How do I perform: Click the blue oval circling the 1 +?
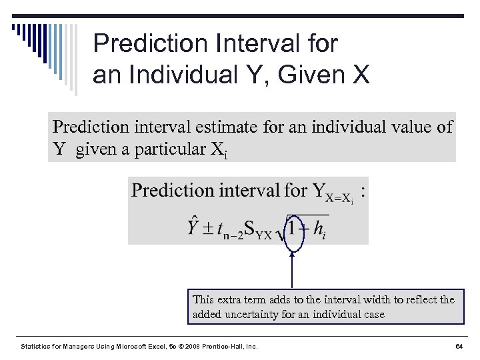(294, 231)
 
